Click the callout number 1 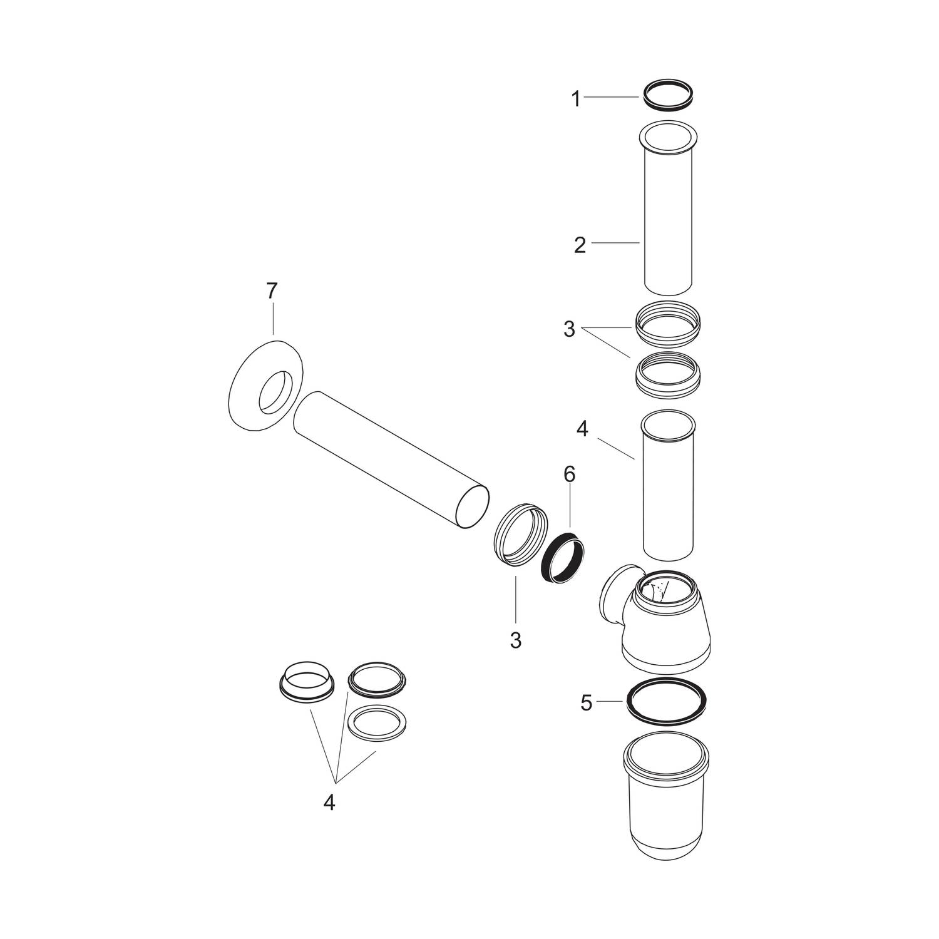pyautogui.click(x=577, y=99)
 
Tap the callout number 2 pyautogui.click(x=580, y=245)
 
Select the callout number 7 pyautogui.click(x=271, y=291)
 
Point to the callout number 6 pyautogui.click(x=568, y=475)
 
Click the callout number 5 pyautogui.click(x=586, y=703)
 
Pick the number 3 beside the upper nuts pyautogui.click(x=568, y=329)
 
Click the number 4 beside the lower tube pyautogui.click(x=582, y=429)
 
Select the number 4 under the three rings pyautogui.click(x=329, y=803)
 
